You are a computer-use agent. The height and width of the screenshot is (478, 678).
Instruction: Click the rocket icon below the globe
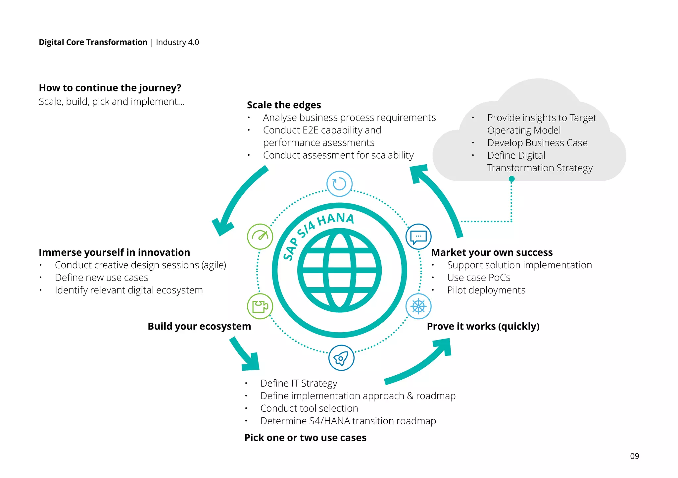[341, 358]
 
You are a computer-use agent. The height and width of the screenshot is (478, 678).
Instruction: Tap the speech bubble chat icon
[418, 237]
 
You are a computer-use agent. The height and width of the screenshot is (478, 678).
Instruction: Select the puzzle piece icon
[260, 306]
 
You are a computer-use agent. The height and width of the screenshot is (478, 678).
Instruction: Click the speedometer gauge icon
[260, 237]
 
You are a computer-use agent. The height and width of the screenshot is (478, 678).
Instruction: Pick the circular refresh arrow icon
[339, 184]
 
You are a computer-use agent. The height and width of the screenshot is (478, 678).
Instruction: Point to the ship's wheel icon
[418, 306]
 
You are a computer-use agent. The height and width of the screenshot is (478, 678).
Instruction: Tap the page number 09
[634, 456]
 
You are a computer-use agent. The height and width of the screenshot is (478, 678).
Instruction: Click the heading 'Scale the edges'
[284, 105]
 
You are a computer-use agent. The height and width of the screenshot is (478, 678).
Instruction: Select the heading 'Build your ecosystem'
[199, 326]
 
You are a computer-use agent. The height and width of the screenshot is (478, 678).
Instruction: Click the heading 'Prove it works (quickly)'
[483, 326]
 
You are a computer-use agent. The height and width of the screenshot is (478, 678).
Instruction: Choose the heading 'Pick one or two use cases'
[305, 438]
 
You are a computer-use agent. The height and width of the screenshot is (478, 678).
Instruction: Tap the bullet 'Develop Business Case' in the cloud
[537, 143]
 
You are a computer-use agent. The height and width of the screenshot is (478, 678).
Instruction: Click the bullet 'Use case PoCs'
[478, 278]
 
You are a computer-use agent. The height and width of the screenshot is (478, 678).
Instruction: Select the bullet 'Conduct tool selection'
[309, 408]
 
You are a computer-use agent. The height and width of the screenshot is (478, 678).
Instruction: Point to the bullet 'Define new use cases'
[101, 278]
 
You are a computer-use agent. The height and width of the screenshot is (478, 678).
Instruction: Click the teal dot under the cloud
[511, 179]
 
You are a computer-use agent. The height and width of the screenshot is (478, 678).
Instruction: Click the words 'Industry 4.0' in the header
[177, 42]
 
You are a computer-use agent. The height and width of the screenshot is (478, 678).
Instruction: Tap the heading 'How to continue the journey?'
[110, 88]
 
